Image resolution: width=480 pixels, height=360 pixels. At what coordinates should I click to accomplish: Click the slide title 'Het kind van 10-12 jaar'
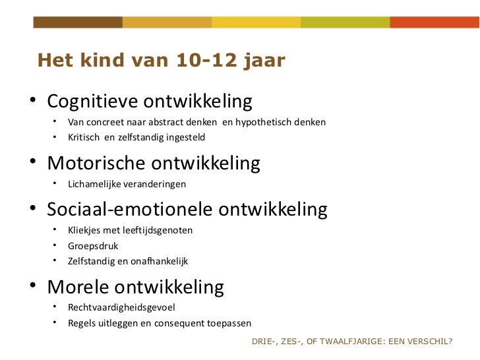pos(162,61)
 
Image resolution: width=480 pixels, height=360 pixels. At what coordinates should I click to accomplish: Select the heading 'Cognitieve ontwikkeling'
pos(150,102)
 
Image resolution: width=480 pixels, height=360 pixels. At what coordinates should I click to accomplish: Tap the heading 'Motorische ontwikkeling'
pos(154,163)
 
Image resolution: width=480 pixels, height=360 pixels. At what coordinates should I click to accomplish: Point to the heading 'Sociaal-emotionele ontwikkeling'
pos(187,210)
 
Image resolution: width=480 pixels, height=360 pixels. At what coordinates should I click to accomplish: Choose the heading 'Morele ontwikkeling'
pos(136,287)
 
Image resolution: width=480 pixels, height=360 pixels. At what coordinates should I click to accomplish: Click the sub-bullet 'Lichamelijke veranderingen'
pos(127,184)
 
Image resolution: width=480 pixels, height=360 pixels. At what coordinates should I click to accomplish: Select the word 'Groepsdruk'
pos(93,246)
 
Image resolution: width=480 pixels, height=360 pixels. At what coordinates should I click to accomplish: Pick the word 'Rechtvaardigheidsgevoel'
pos(121,307)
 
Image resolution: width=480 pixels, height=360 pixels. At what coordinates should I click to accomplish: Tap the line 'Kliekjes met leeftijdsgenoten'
pos(130,231)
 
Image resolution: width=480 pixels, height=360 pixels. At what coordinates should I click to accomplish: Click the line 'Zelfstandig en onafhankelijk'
pos(128,261)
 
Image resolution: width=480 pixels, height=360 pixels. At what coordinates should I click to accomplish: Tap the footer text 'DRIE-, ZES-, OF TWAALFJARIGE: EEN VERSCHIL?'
pos(352,342)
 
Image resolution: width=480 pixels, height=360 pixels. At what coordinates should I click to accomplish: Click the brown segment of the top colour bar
pos(78,22)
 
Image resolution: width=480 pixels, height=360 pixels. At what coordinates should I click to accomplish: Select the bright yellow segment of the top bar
pos(256,22)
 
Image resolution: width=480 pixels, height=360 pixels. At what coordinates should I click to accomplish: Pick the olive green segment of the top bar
pos(345,22)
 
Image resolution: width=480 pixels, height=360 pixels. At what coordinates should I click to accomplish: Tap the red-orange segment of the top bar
pos(434,22)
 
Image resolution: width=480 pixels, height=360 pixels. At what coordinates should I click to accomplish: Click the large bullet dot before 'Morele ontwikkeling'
pos(32,288)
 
